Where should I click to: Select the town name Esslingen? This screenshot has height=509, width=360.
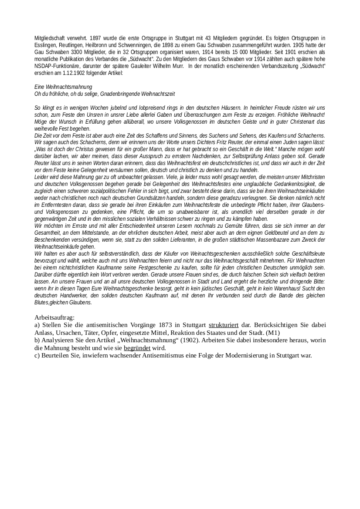coord(45,45)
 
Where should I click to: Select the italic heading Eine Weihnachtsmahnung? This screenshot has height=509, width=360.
coord(63,88)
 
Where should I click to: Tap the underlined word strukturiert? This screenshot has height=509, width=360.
coord(223,325)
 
